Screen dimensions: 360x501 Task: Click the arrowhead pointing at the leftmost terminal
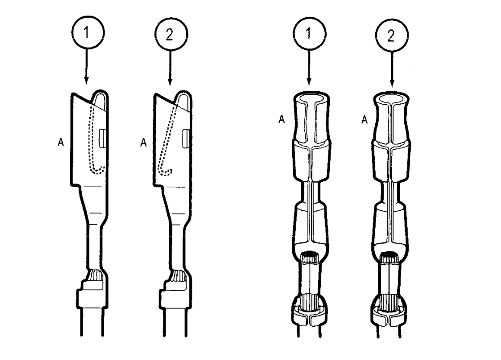(86, 80)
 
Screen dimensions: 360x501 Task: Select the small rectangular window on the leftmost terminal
(102, 138)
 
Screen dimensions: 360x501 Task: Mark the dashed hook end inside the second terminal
(167, 171)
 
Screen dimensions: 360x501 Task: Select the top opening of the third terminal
(310, 98)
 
